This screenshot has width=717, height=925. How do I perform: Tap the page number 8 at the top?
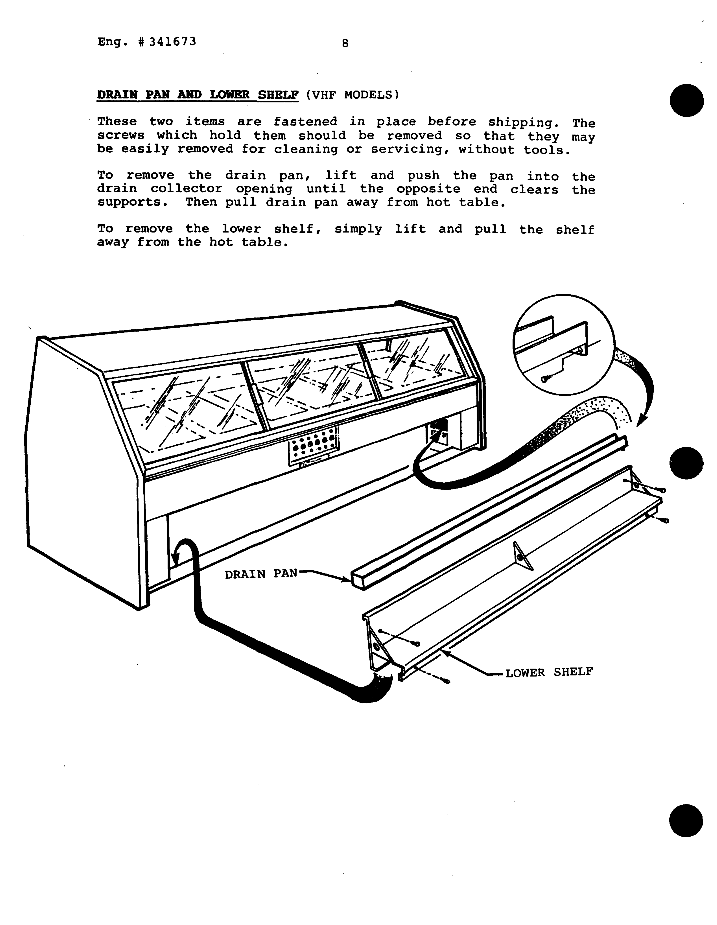tap(345, 43)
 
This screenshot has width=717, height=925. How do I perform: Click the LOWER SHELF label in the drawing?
tap(549, 672)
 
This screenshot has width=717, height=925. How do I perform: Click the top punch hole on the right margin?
tap(687, 100)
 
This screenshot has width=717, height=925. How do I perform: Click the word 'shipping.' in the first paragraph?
tap(523, 122)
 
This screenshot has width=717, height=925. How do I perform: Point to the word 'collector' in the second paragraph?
tap(186, 189)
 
